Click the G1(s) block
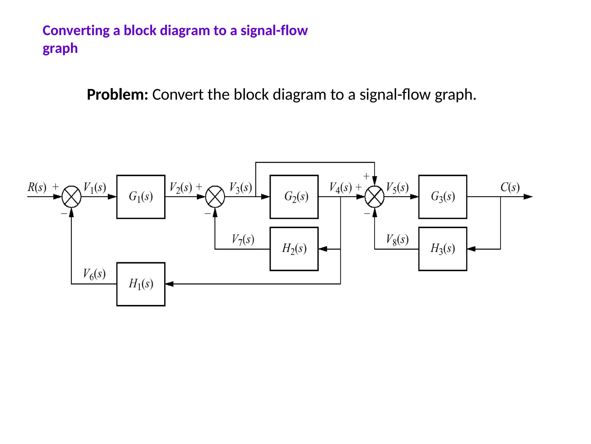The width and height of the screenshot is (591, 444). pos(141,197)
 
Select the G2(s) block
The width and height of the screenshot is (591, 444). pos(294,197)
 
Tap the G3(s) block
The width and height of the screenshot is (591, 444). pos(443,197)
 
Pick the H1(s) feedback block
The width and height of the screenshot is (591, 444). pos(141,284)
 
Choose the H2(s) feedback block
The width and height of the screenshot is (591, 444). pos(294,249)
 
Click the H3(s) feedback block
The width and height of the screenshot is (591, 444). pos(443,249)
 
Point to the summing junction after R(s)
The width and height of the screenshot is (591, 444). pos(72,197)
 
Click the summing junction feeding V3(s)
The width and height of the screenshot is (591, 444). pos(215,197)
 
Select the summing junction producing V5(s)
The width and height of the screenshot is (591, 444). pos(375,197)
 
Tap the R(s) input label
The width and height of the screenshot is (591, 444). pos(37,187)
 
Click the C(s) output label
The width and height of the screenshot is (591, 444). pos(510,187)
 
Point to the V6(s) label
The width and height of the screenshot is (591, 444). pos(94,274)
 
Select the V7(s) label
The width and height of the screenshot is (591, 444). pos(243,240)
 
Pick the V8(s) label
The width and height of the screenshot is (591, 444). pos(397,240)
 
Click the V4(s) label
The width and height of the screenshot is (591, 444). pos(341,188)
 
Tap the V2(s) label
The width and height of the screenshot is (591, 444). pos(181,188)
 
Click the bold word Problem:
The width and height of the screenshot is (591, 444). pos(117,95)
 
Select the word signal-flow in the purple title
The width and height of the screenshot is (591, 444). pos(274,30)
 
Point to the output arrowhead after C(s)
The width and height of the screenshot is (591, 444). pos(528,197)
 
